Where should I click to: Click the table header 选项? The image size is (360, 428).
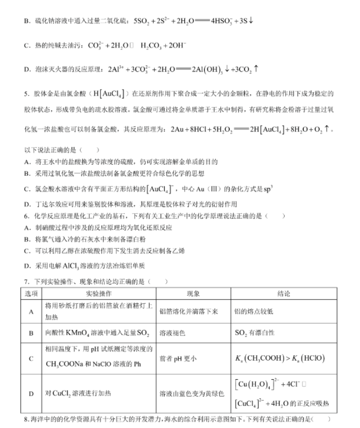31,293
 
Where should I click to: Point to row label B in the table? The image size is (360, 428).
31,333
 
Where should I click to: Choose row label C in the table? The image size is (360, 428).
31,358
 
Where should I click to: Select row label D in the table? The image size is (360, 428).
31,394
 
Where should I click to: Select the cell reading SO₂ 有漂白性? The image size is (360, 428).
255,333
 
